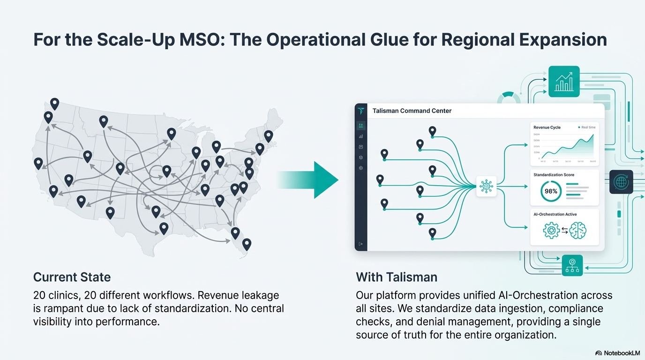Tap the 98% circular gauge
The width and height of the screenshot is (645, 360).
tap(551, 191)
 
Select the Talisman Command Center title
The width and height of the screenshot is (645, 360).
tap(412, 111)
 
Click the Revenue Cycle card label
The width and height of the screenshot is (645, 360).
tap(547, 127)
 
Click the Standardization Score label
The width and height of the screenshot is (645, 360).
tap(554, 175)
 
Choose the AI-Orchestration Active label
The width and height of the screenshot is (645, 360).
tap(555, 214)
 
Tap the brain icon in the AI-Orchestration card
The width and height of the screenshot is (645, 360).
tap(577, 230)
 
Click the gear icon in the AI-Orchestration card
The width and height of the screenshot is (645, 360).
tap(551, 230)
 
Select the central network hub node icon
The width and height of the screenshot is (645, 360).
tap(486, 186)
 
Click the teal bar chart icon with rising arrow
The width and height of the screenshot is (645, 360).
tap(564, 82)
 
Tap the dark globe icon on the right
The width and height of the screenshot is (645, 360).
tap(621, 182)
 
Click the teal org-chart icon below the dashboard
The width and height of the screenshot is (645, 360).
tap(572, 265)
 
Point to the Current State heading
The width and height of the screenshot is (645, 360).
tap(72, 277)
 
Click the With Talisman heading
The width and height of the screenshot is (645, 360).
tap(397, 277)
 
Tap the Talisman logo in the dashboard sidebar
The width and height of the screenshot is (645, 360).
tap(360, 111)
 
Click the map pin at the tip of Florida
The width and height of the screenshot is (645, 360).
tap(247, 244)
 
